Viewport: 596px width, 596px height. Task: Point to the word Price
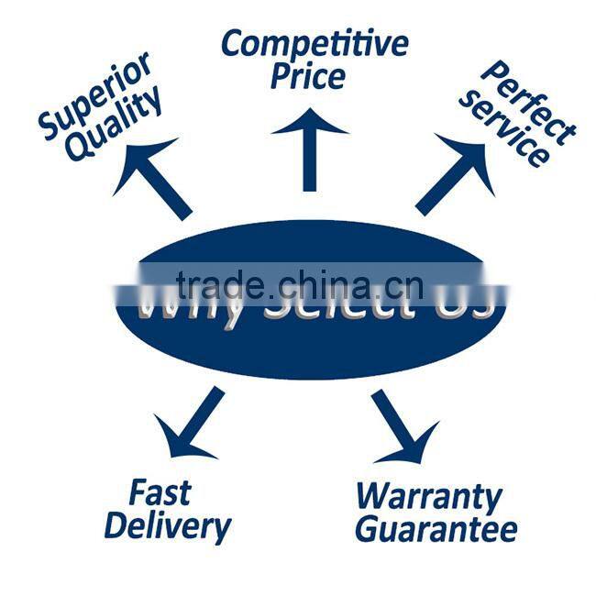click(307, 77)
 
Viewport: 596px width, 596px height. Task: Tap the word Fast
click(160, 493)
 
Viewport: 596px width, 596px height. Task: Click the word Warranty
click(429, 496)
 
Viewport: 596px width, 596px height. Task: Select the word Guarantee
click(436, 529)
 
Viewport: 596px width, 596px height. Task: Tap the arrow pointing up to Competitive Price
click(309, 147)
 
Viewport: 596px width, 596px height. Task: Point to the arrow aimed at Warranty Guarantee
click(404, 425)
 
